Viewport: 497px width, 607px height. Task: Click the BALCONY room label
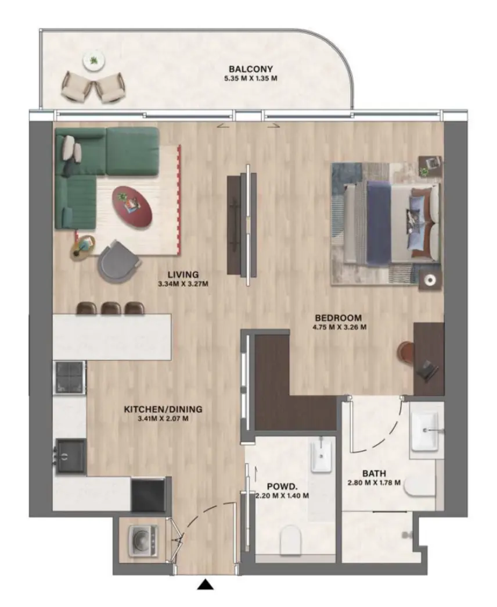point(250,68)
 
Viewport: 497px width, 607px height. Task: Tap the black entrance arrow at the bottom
point(204,584)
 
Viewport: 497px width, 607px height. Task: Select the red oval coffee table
point(132,205)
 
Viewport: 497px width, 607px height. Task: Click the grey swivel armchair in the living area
point(120,261)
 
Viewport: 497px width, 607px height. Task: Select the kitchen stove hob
point(70,376)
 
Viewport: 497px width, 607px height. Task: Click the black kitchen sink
point(70,455)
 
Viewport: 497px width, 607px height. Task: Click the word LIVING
point(183,274)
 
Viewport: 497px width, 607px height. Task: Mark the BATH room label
point(374,473)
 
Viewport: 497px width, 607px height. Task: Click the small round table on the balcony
point(92,60)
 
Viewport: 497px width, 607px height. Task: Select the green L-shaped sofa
point(93,169)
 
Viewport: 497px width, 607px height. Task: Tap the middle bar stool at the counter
point(111,308)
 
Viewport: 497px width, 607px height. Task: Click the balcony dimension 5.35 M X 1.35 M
point(250,77)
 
